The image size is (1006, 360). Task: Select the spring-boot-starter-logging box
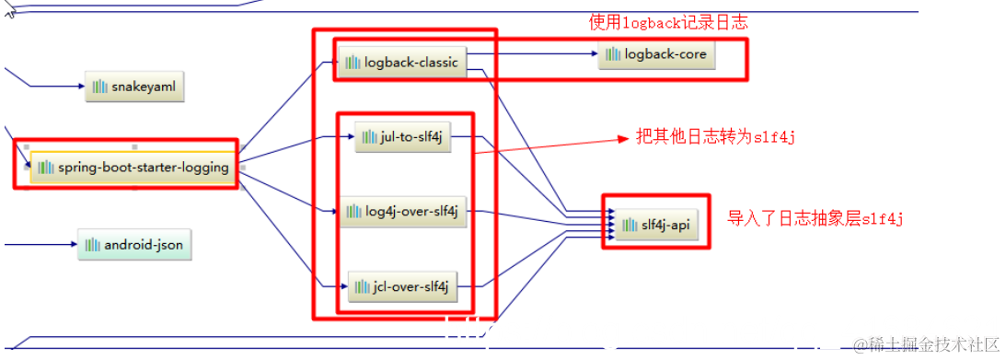[x=133, y=168]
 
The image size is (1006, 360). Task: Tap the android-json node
[x=135, y=245]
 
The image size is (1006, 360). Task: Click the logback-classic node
[x=402, y=63]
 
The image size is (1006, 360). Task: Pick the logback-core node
[x=655, y=54]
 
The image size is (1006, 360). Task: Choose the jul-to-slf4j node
[x=403, y=137]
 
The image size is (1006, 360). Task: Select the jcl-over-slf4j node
[x=401, y=286]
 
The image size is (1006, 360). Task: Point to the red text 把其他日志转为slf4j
[x=715, y=137]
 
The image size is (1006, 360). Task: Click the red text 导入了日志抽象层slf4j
[x=815, y=219]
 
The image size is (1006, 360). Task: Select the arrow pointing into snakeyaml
[x=55, y=87]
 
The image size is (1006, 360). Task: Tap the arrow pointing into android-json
[x=41, y=245]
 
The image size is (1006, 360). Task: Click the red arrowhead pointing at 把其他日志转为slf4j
[x=620, y=140]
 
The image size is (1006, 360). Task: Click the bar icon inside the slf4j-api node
[x=629, y=224]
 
